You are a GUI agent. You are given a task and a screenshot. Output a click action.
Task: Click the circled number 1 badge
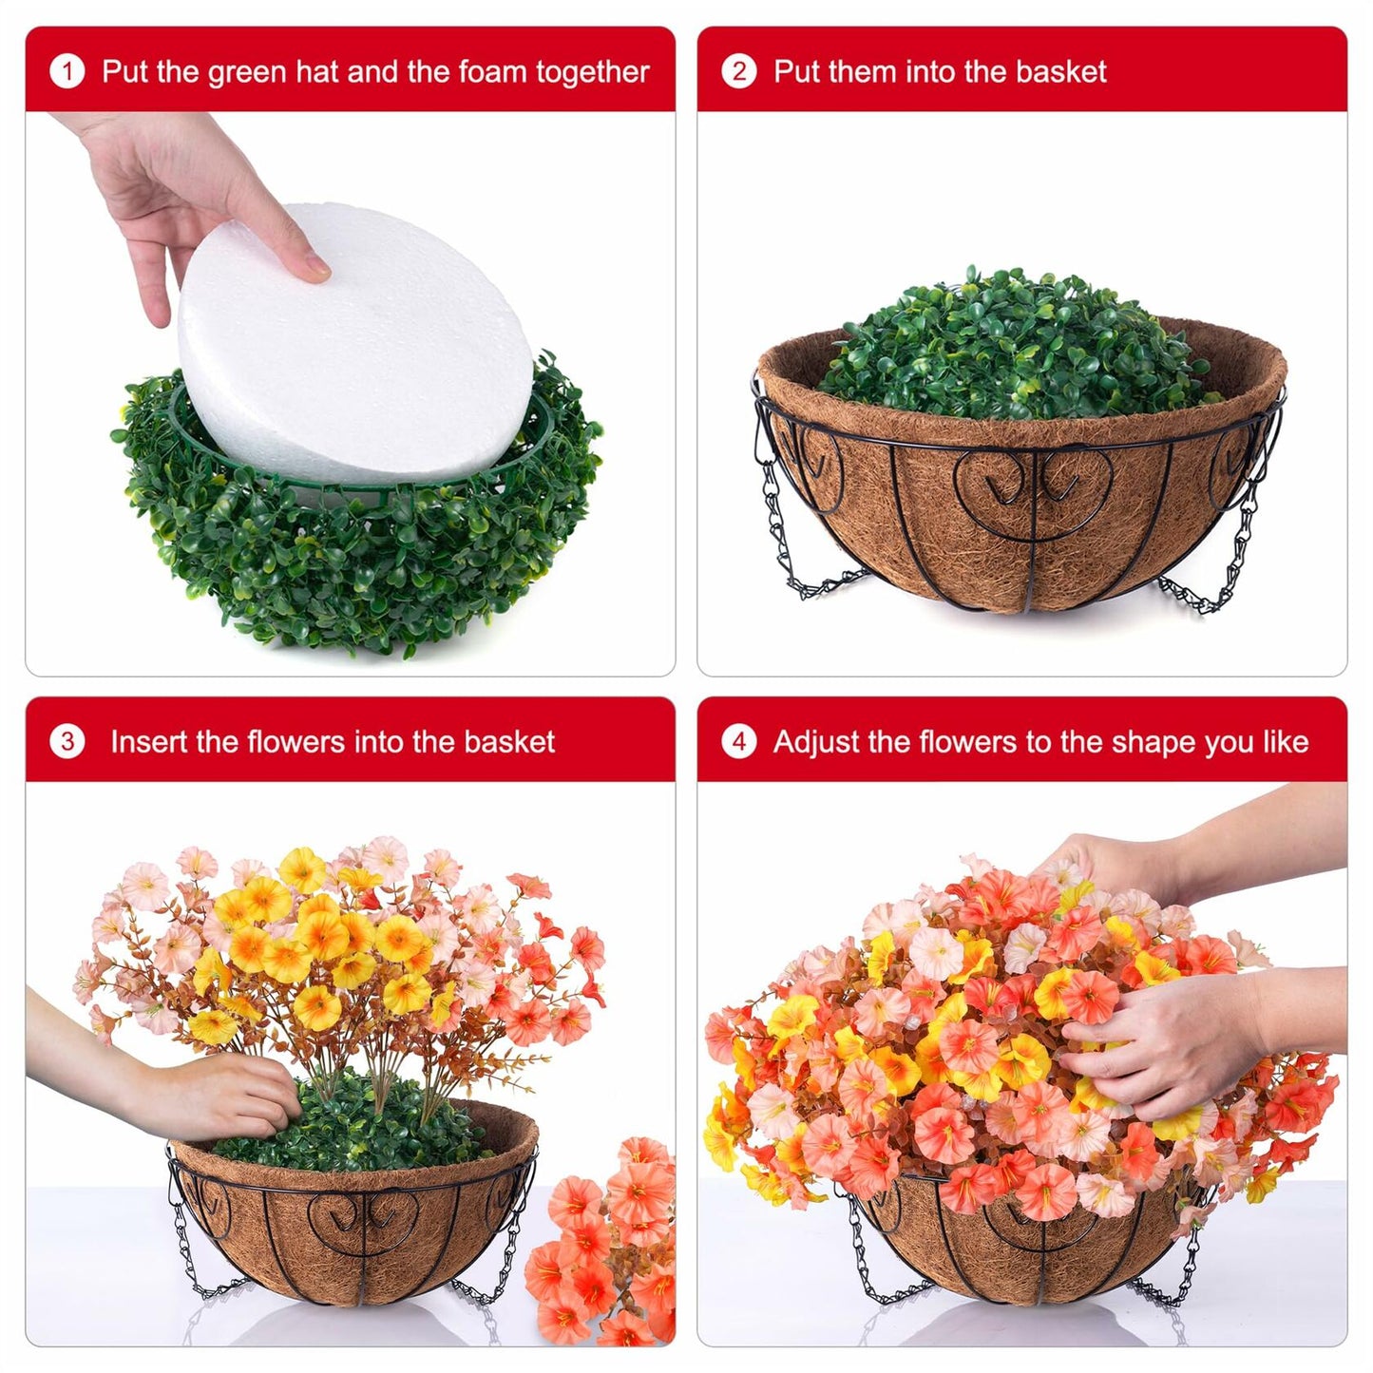click(x=67, y=71)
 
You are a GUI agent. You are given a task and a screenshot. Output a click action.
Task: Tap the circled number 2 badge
click(x=738, y=71)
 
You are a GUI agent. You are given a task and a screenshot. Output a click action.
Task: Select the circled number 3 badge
click(x=67, y=741)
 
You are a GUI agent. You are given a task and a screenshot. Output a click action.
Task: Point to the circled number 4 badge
click(x=738, y=741)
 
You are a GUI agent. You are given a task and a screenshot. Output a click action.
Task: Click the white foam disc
click(x=356, y=342)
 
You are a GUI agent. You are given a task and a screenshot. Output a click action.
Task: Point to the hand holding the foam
click(x=181, y=190)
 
